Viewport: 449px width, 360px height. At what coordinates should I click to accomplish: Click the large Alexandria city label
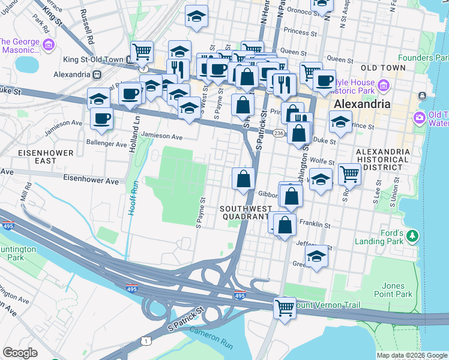[361, 103]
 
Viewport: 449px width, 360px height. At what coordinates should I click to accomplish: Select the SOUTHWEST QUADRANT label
[244, 212]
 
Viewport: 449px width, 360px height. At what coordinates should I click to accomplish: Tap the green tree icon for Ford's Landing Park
[412, 236]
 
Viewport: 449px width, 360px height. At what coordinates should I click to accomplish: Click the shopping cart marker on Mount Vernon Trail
[285, 307]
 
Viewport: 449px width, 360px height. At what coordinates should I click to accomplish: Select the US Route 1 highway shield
[145, 341]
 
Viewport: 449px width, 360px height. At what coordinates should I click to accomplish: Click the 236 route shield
[279, 133]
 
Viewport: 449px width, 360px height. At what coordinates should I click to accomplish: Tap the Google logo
[20, 353]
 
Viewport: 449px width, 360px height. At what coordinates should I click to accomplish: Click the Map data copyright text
[411, 355]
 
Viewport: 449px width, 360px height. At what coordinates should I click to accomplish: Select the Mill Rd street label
[25, 193]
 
